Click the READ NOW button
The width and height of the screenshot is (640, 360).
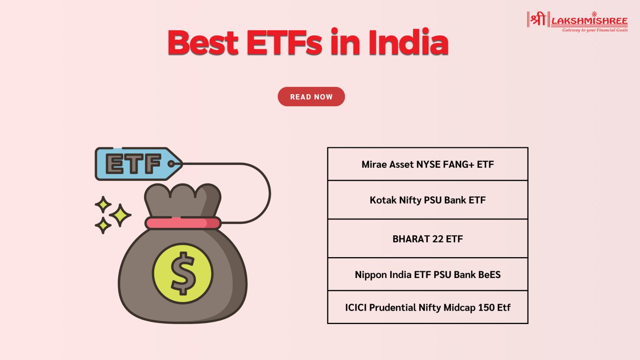311,97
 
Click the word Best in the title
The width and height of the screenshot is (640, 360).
203,42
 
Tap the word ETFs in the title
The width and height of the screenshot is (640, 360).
284,42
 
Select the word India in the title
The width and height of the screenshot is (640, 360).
408,42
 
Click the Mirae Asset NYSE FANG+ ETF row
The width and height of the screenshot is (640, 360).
428,164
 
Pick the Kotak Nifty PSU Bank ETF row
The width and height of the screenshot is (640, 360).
428,200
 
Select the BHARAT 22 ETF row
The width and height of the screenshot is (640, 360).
428,238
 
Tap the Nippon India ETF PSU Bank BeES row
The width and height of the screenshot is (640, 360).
428,274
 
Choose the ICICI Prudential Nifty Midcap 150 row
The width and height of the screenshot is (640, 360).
428,307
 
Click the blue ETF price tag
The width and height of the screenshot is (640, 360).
137,164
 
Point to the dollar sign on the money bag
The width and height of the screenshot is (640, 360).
183,273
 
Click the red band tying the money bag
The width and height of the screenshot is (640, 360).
183,223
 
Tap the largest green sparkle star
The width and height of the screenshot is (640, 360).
120,215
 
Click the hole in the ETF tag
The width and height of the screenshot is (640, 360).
171,164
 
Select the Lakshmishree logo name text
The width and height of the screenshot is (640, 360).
589,21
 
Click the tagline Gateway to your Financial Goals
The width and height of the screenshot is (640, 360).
595,30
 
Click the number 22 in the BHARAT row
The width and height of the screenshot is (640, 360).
438,239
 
